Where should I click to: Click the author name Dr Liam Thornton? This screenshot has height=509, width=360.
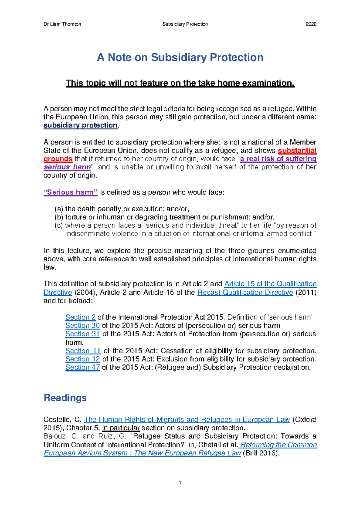pyautogui.click(x=62, y=24)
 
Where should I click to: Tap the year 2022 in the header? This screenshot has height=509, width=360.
pyautogui.click(x=311, y=24)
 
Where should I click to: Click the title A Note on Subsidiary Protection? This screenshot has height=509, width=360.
pyautogui.click(x=180, y=57)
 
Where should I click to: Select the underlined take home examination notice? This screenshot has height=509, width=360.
pyautogui.click(x=180, y=83)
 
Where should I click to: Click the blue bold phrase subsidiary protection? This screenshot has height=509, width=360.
pyautogui.click(x=80, y=125)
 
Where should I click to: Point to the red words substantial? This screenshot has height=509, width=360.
pyautogui.click(x=297, y=150)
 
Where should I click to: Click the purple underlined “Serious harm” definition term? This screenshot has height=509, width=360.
pyautogui.click(x=70, y=192)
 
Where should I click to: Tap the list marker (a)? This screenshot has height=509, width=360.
pyautogui.click(x=59, y=209)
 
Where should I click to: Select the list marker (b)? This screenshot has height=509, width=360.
pyautogui.click(x=59, y=217)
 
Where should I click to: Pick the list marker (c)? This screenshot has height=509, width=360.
pyautogui.click(x=59, y=225)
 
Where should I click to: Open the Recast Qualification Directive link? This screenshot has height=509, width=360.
pyautogui.click(x=245, y=292)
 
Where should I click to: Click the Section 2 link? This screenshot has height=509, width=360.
pyautogui.click(x=80, y=317)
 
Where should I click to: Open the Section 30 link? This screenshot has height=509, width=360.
pyautogui.click(x=82, y=326)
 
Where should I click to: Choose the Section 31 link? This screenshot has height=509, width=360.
pyautogui.click(x=82, y=334)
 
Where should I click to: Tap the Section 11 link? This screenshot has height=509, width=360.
pyautogui.click(x=83, y=351)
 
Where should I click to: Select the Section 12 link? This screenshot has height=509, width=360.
pyautogui.click(x=82, y=359)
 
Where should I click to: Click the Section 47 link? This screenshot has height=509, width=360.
pyautogui.click(x=82, y=368)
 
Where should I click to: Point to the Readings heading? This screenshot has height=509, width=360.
pyautogui.click(x=65, y=398)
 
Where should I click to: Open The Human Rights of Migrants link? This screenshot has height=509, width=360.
pyautogui.click(x=187, y=420)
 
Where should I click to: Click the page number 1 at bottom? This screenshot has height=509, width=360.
pyautogui.click(x=180, y=483)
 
